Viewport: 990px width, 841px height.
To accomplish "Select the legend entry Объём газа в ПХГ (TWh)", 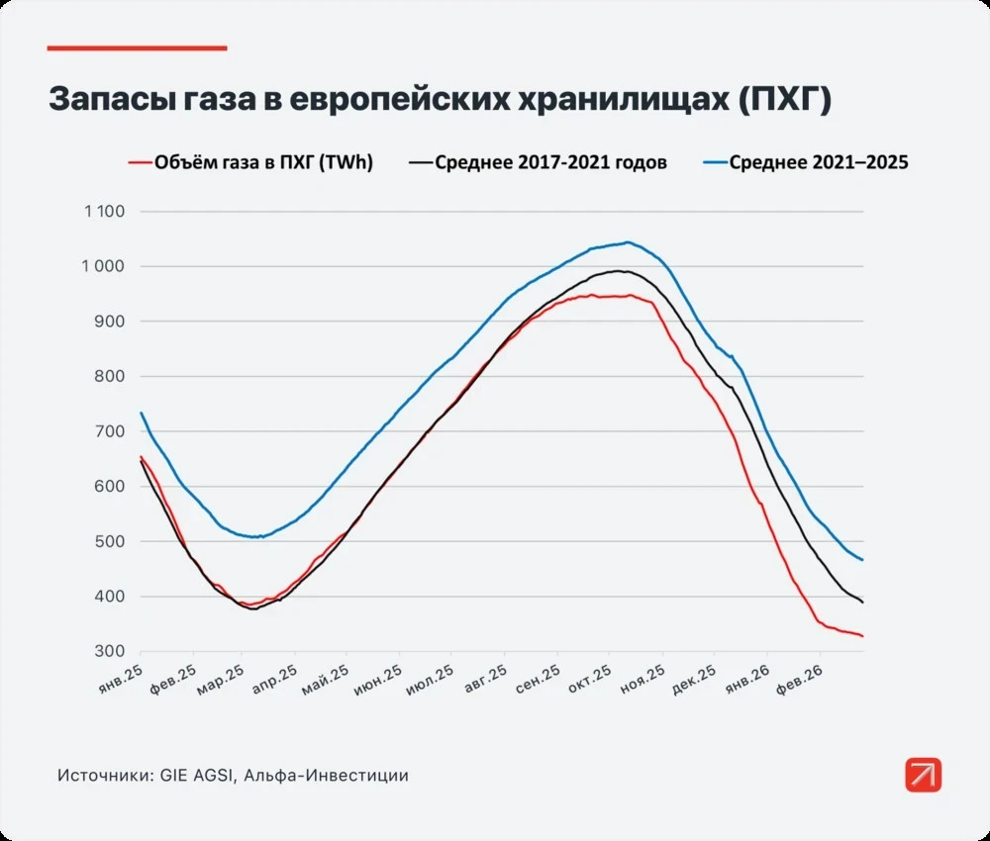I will point(263,163).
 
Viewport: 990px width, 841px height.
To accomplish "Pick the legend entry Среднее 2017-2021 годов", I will point(551,163).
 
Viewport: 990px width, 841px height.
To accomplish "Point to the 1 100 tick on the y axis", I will point(104,212).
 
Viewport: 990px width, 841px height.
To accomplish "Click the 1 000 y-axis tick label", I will point(104,267).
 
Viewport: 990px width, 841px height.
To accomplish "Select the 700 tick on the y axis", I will point(111,431).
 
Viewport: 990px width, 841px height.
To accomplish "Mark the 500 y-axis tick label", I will point(111,542).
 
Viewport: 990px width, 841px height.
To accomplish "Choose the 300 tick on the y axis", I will point(111,652).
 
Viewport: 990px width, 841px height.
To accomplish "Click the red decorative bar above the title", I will point(138,47).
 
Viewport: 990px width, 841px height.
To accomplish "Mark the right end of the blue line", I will point(862,560).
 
